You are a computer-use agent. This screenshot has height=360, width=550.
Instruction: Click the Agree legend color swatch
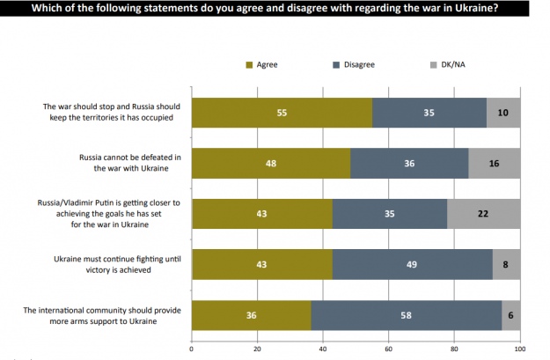pos(248,65)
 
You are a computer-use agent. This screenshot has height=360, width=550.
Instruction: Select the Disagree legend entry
pos(355,65)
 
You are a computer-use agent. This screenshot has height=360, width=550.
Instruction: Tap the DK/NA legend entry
pos(446,65)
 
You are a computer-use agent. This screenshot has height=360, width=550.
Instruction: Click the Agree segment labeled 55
pos(282,114)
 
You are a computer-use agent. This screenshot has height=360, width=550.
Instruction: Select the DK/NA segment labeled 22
pos(483,215)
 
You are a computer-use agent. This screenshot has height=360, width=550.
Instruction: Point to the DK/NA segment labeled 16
pos(494,164)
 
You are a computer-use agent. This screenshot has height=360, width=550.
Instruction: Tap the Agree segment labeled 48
pos(270,164)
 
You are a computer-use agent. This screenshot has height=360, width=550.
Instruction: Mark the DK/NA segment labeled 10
pos(503,114)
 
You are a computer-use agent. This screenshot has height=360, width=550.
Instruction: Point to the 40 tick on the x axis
pos(323,349)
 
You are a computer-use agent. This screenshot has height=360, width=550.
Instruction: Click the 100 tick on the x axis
pos(519,349)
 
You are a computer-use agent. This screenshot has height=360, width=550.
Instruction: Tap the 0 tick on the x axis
pos(192,349)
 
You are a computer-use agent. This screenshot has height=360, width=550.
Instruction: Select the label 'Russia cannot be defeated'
pos(130,164)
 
